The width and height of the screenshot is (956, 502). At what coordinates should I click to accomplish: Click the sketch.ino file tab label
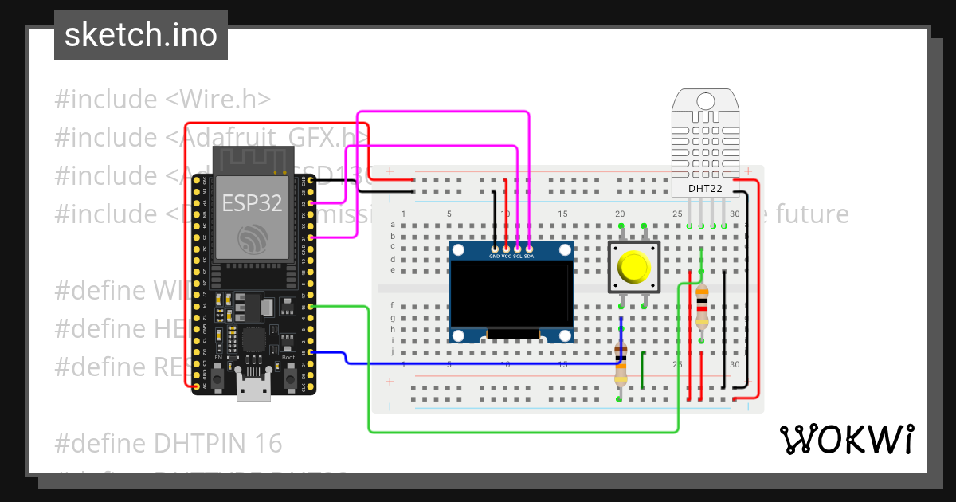(x=141, y=35)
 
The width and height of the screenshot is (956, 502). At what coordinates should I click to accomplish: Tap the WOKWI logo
(x=846, y=439)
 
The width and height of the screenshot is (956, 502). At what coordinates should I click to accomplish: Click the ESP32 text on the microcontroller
(x=252, y=202)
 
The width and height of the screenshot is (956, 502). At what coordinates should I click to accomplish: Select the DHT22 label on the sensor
(x=705, y=188)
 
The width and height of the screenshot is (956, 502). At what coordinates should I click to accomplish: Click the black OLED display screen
(x=511, y=294)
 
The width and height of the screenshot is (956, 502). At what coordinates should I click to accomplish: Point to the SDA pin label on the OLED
(x=530, y=257)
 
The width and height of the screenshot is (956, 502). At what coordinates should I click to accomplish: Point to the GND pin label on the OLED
(x=495, y=257)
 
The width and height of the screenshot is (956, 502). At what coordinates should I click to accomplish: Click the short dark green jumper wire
(x=643, y=371)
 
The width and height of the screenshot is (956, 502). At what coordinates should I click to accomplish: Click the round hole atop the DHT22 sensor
(x=705, y=101)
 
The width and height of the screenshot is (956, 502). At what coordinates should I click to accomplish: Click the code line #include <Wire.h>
(x=163, y=100)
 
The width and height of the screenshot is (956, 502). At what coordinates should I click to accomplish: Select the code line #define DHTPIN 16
(x=169, y=442)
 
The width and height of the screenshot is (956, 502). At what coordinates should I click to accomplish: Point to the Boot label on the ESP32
(x=288, y=357)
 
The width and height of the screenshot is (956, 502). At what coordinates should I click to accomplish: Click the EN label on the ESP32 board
(x=218, y=357)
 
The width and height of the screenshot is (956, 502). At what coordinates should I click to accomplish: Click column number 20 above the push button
(x=620, y=214)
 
